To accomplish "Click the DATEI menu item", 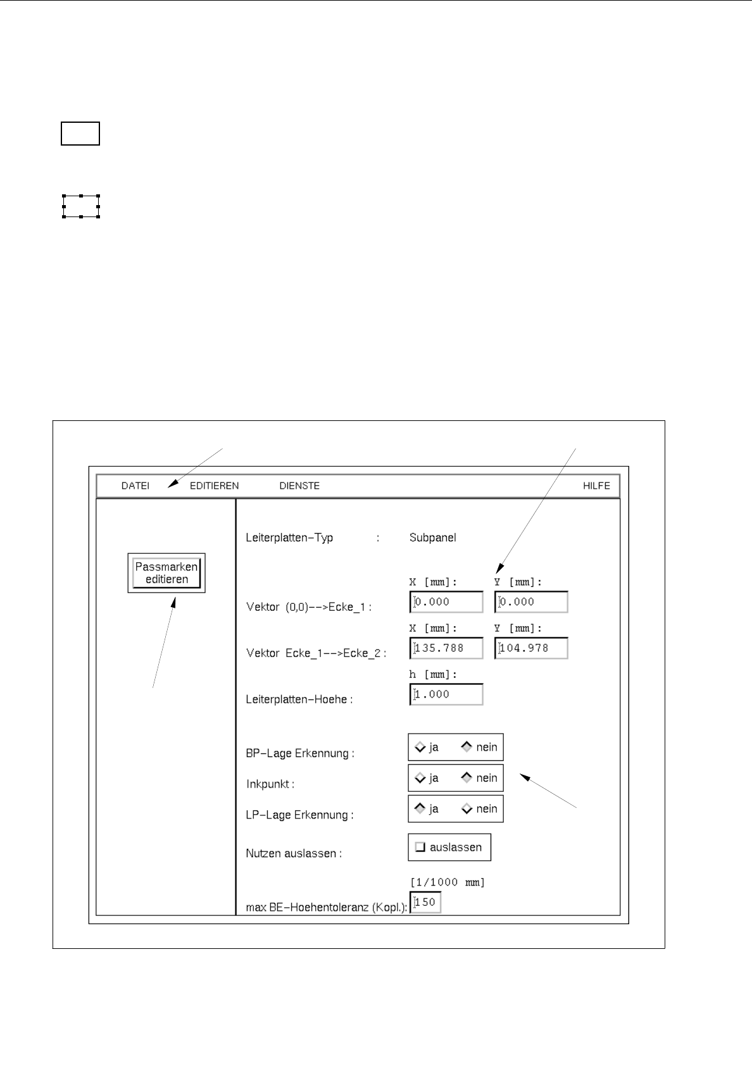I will coord(135,486).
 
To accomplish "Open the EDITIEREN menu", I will coord(214,486).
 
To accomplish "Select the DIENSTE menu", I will coord(299,486).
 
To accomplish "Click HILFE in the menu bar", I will coord(596,486).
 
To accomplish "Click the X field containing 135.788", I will coord(447,648).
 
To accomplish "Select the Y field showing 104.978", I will coord(532,648).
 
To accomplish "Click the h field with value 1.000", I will coord(447,694).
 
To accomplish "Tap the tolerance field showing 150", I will coord(426,902).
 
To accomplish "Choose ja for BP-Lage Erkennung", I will coord(420,747).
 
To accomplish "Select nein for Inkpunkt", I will coord(467,778).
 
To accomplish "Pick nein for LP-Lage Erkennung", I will coord(467,808).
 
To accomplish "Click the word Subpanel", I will coord(432,537).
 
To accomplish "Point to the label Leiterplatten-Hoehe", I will coord(299,699).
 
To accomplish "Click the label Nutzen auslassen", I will coord(294,853).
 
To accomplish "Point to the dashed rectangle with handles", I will coord(81,206).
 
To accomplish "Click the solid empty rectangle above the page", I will coord(80,134).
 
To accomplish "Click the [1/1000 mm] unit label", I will coord(448,882).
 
